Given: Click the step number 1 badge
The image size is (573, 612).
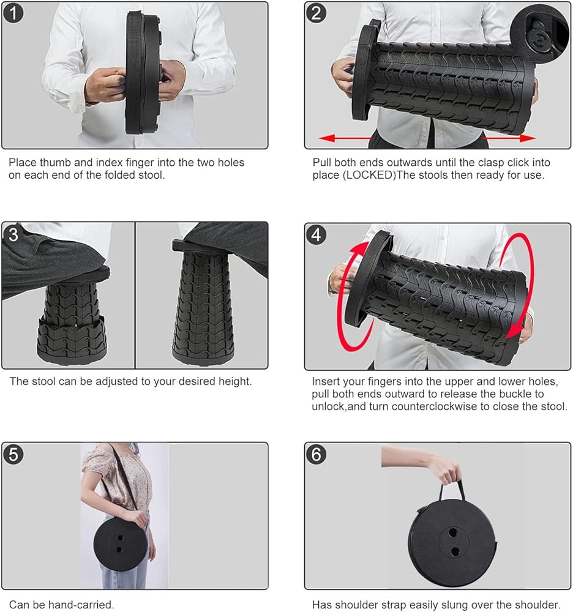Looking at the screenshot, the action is [x=13, y=13].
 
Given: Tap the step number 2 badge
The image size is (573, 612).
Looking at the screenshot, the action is [x=316, y=13].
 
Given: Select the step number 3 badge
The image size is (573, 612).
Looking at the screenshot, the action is [x=13, y=234].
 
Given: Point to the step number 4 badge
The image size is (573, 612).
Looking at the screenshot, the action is [x=316, y=235].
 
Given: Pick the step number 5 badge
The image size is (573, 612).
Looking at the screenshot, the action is [x=13, y=455].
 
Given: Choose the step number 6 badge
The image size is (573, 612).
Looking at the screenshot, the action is [x=316, y=455].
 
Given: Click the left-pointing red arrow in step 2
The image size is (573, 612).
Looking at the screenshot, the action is [x=345, y=138].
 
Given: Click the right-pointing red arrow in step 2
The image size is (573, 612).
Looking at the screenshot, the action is [x=509, y=138].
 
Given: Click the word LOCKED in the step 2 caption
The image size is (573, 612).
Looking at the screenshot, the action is [x=369, y=175].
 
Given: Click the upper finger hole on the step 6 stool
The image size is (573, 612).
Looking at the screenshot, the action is [x=453, y=532].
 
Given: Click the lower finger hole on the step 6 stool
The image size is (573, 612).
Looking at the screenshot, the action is [x=455, y=551].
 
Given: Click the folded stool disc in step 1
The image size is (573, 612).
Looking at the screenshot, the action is [x=143, y=73].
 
